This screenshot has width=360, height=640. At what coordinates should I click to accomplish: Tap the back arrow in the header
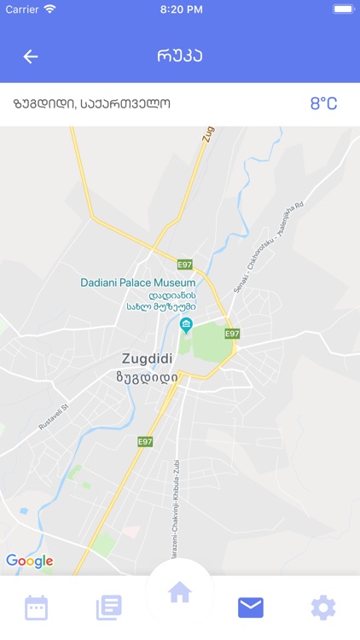pos(31,56)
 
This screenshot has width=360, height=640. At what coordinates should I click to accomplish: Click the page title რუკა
pos(180,56)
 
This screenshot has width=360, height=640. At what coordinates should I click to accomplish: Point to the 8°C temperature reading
pos(323,104)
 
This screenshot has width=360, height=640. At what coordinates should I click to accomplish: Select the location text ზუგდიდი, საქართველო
pos(92,104)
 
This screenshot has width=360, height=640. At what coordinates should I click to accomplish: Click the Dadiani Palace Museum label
pos(138,282)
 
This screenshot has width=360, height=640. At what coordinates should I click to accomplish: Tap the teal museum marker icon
pos(187,324)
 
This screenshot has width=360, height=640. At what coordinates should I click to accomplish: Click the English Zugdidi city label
pos(147,358)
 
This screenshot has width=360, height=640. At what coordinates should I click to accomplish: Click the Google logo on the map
pos(29,561)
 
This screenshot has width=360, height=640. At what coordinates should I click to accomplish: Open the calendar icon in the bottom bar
pos(37,608)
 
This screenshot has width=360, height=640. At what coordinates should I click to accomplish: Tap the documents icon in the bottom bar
pos(108,608)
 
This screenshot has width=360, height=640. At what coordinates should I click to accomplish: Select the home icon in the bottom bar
pos(179,592)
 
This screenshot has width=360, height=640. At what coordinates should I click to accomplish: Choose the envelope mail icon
pos(251,608)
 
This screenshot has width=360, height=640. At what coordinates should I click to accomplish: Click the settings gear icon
pos(322,608)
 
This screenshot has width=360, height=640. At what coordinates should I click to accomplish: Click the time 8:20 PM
pos(181,9)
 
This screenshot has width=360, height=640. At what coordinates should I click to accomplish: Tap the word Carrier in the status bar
pos(21,9)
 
